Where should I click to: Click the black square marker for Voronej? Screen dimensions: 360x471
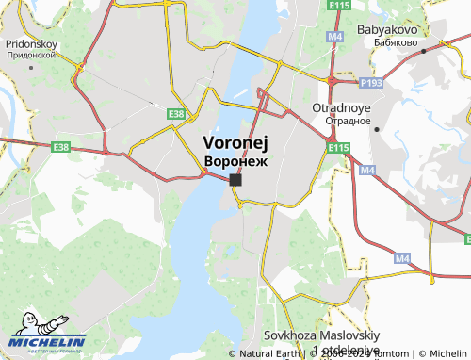[235, 179]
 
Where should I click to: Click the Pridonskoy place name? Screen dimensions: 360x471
[31, 43]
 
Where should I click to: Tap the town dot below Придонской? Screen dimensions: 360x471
[29, 67]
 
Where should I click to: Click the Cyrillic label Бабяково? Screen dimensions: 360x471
[388, 42]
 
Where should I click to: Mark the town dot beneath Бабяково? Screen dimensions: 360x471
[425, 51]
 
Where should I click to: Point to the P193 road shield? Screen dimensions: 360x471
[371, 84]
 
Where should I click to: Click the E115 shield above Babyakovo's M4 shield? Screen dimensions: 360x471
[340, 7]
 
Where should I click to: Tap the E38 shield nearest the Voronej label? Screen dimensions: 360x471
[175, 114]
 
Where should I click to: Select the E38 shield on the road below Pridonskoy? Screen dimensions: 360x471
[62, 147]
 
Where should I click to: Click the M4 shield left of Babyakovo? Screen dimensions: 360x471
[334, 36]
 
